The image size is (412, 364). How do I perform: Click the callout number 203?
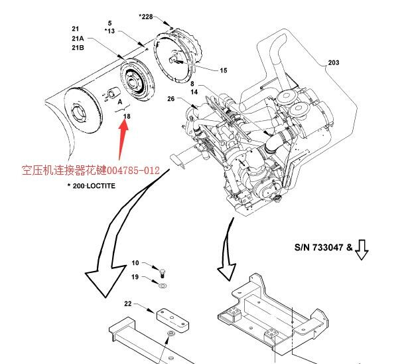[333, 63]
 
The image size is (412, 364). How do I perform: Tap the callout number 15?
[224, 70]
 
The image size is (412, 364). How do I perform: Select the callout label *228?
[146, 17]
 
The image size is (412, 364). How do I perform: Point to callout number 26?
[171, 100]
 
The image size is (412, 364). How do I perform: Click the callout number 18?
[127, 116]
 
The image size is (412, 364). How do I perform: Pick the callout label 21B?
[77, 48]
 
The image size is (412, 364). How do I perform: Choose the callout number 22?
[128, 304]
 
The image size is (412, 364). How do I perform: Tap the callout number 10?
[135, 264]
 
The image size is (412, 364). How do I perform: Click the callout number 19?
[135, 277]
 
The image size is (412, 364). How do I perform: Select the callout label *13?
[110, 31]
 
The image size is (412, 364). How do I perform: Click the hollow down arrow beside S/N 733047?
[362, 249]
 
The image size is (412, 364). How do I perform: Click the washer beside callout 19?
[163, 285]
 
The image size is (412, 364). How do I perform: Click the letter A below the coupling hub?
[120, 103]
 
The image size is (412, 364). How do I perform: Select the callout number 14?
[194, 92]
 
